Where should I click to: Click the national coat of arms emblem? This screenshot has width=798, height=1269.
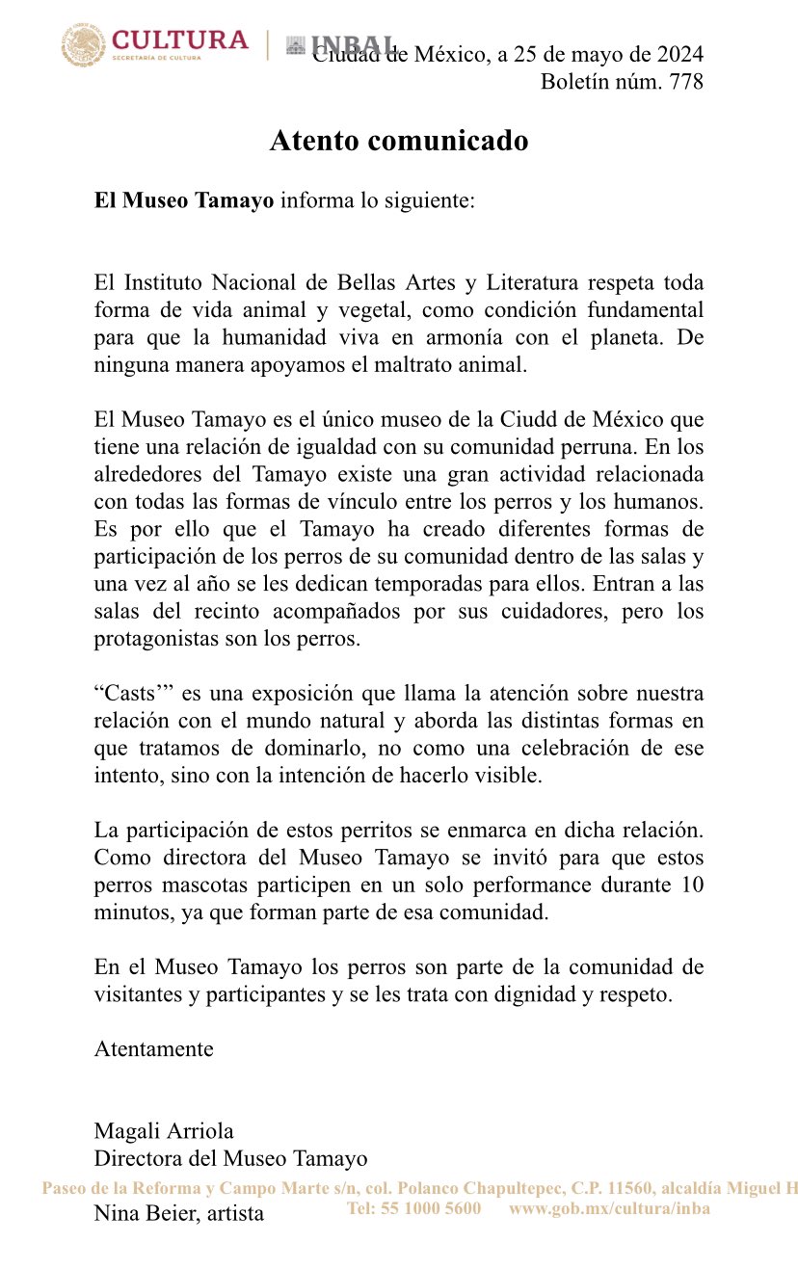pyautogui.click(x=84, y=45)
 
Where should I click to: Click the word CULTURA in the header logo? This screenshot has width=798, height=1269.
pyautogui.click(x=180, y=40)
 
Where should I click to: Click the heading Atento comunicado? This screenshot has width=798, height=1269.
pyautogui.click(x=399, y=141)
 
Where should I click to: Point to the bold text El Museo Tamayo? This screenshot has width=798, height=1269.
pyautogui.click(x=184, y=201)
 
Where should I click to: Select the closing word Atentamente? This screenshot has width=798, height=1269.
pyautogui.click(x=154, y=1049)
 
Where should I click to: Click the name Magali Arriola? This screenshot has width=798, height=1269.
pyautogui.click(x=164, y=1131)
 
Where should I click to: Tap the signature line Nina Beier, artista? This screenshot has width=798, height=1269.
pyautogui.click(x=179, y=1213)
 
